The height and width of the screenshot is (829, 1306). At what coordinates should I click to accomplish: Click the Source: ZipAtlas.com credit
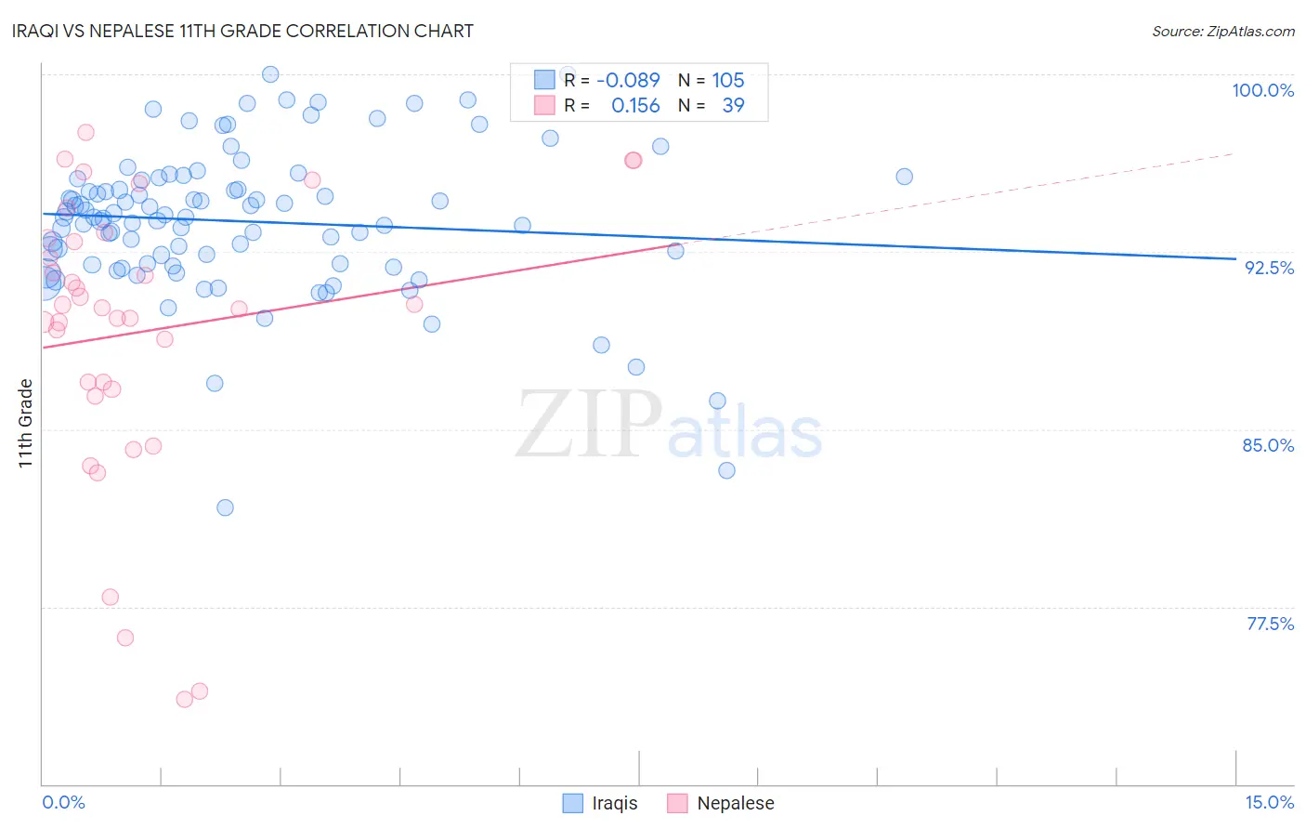(x=1222, y=32)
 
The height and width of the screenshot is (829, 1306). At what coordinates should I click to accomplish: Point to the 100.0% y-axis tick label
(x=1262, y=90)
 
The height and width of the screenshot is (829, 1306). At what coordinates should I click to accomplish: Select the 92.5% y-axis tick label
(x=1269, y=268)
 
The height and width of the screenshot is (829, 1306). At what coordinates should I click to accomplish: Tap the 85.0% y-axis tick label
(x=1268, y=445)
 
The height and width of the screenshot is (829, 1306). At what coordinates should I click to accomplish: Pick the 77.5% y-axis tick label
(x=1270, y=624)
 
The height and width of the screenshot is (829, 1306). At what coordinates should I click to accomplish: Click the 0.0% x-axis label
(x=63, y=802)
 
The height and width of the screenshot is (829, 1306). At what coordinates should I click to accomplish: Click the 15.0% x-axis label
(x=1269, y=802)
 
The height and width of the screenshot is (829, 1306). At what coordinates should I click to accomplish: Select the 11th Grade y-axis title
(x=26, y=423)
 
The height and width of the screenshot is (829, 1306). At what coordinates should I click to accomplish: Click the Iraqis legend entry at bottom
(x=614, y=803)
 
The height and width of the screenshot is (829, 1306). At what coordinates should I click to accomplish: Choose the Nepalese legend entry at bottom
(x=735, y=803)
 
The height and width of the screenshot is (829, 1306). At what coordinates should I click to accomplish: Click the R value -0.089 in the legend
(x=628, y=80)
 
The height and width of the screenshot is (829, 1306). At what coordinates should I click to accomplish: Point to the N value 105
(x=728, y=80)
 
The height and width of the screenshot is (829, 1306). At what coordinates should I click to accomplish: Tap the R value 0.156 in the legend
(x=635, y=106)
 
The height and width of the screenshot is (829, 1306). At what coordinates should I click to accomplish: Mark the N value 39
(x=733, y=106)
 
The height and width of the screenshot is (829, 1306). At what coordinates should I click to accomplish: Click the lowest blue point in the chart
(x=225, y=507)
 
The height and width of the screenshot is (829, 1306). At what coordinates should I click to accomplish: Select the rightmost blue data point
(x=904, y=177)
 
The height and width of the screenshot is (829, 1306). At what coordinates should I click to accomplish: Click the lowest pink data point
(x=185, y=699)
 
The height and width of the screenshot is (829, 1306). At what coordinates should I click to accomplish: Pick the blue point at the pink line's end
(x=675, y=251)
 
